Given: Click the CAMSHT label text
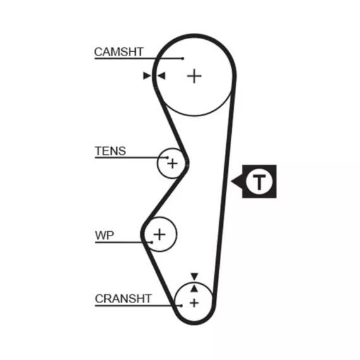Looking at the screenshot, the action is click(x=119, y=52).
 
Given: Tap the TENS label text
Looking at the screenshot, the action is click(x=111, y=151).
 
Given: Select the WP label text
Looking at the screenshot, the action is click(x=104, y=236).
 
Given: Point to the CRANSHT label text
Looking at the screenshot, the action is click(x=123, y=299).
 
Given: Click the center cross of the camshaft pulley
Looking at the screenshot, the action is click(x=195, y=76).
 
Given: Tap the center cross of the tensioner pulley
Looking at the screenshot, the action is click(x=172, y=164).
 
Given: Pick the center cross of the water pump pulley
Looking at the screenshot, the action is click(x=160, y=234).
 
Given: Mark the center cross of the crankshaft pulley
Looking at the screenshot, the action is click(x=195, y=303).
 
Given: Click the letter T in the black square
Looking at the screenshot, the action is click(x=259, y=182).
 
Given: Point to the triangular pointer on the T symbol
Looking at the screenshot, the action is click(x=237, y=181).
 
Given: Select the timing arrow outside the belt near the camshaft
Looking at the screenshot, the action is click(x=147, y=76).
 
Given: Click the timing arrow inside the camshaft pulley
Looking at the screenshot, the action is click(x=161, y=76).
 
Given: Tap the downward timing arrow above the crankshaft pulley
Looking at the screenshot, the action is click(x=195, y=277).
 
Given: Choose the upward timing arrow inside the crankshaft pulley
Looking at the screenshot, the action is click(x=195, y=289).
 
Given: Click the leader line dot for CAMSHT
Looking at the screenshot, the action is click(x=183, y=59).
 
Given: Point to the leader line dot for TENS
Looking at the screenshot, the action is click(x=167, y=158).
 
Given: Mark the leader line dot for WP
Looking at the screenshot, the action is click(x=152, y=243).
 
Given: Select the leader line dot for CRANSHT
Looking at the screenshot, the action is click(x=181, y=306).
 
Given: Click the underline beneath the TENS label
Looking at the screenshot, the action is click(x=131, y=158).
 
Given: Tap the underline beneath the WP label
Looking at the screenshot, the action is click(x=123, y=243).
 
